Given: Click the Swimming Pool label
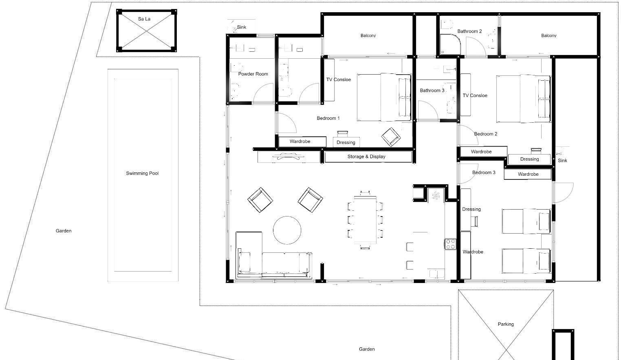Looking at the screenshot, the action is click(142, 173).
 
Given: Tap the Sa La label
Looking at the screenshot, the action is click(144, 19).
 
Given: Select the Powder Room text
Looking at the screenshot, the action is click(253, 74).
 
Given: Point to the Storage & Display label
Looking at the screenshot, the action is click(366, 157).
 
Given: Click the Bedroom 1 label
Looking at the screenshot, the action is click(328, 118).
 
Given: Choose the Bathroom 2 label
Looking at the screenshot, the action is click(470, 31).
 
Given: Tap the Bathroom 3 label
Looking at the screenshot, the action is click(432, 91).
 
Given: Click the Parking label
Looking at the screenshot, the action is click(506, 324).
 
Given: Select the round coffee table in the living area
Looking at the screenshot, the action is click(287, 230).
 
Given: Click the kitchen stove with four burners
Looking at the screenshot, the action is click(451, 244).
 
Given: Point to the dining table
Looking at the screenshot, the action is click(365, 220).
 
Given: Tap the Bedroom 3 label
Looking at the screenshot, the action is click(484, 172).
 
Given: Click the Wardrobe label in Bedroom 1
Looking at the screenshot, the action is click(300, 141).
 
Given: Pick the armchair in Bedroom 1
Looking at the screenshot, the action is click(391, 137).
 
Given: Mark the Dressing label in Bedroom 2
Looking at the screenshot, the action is click(529, 159).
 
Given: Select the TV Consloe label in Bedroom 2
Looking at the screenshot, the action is click(475, 96).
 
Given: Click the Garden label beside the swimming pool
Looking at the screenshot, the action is click(64, 231).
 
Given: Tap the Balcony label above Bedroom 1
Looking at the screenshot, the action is click(368, 35).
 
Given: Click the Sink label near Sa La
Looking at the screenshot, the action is click(242, 27).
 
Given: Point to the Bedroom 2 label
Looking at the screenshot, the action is click(486, 134).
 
